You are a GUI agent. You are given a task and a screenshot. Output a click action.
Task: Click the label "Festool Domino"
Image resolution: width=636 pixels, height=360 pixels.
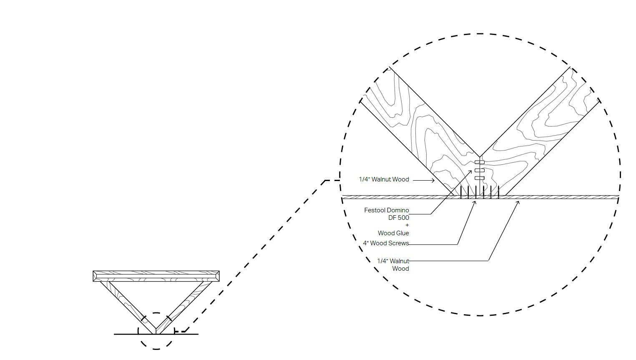386,210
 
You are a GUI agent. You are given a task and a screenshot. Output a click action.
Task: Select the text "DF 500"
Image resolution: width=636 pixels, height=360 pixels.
398,218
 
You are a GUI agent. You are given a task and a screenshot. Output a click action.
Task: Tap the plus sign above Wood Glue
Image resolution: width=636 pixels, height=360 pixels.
407,225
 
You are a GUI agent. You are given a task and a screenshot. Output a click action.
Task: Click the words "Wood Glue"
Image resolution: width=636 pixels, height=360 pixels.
393,233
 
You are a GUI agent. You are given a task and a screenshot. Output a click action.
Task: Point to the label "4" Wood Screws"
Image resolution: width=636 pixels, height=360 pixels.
386,243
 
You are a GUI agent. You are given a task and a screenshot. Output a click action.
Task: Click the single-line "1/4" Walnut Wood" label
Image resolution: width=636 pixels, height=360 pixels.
384,179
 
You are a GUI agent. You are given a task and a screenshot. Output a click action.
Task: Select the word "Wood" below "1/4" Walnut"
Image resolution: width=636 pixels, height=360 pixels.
400,269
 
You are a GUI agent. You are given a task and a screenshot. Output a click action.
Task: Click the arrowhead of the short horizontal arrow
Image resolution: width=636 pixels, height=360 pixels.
434,180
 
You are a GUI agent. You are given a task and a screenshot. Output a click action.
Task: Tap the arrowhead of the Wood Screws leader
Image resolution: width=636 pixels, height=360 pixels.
475,202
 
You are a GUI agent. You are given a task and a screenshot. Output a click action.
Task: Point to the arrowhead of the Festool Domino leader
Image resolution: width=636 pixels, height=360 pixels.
471,171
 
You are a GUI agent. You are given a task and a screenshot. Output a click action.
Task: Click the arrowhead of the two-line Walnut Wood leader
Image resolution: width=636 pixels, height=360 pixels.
518,202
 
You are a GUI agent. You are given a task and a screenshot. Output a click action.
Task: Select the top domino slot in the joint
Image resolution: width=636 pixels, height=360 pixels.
480,162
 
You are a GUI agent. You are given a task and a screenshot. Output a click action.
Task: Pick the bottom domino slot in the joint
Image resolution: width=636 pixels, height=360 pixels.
480,178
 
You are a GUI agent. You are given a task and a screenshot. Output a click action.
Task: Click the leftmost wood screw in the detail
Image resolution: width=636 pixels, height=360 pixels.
461,192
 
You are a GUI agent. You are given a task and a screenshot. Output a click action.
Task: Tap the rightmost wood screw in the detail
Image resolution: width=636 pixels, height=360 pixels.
498,192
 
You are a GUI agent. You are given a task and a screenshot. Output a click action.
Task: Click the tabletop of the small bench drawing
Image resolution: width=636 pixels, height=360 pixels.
156,276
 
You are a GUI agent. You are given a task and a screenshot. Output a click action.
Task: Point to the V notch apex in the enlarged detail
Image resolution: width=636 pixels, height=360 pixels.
480,157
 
